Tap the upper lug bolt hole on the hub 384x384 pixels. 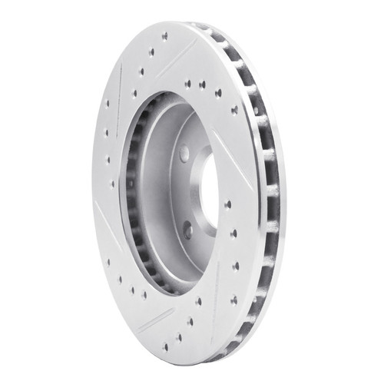click(184, 154)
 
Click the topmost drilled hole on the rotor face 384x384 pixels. click(165, 35)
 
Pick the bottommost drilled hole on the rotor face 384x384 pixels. click(178, 337)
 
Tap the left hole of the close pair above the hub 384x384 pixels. click(188, 84)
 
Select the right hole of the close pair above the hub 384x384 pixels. click(203, 84)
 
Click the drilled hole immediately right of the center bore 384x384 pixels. click(227, 204)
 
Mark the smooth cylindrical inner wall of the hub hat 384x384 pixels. click(157, 177)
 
